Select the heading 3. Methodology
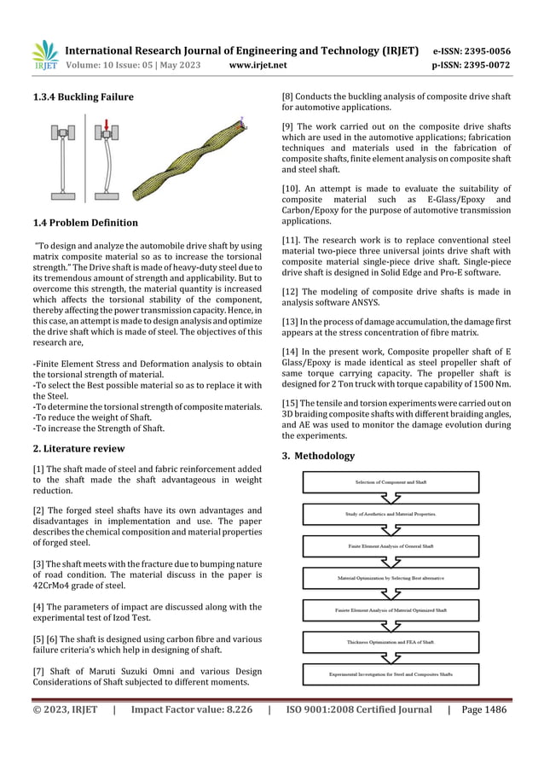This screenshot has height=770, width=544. click(x=318, y=456)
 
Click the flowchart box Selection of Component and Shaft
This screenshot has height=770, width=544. click(x=391, y=482)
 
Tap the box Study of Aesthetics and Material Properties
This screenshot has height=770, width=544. click(x=391, y=515)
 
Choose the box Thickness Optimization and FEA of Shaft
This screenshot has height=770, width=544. click(x=391, y=643)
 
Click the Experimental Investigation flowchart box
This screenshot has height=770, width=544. click(x=391, y=674)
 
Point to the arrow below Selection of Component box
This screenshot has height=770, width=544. click(x=391, y=499)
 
